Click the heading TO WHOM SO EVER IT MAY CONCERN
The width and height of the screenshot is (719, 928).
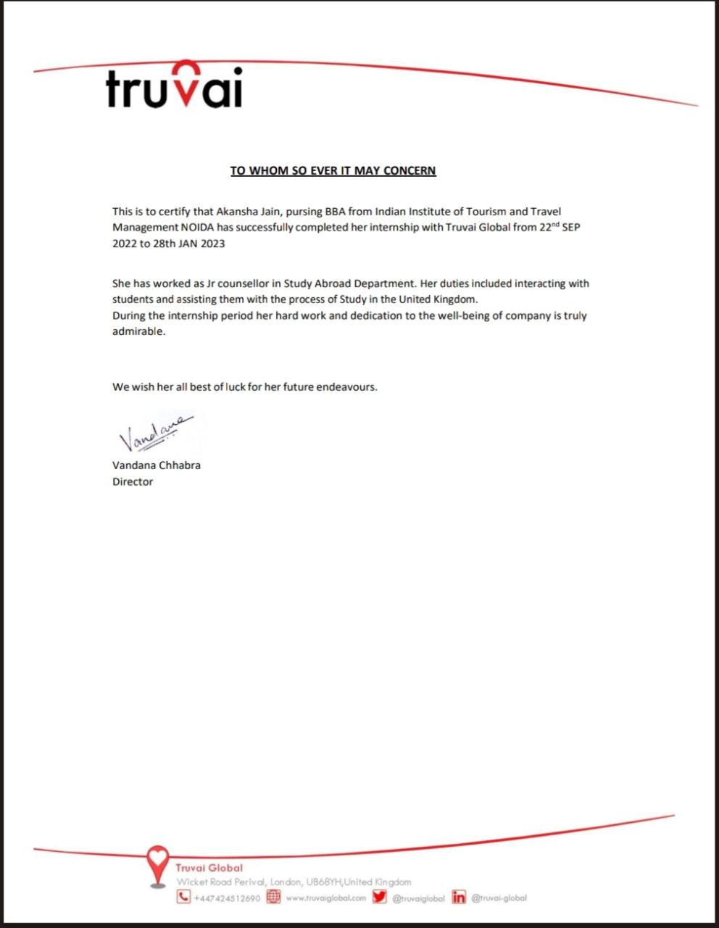333,171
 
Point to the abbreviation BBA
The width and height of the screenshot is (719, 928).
334,212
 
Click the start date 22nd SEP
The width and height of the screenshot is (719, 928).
560,227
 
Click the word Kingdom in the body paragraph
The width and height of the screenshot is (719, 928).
455,299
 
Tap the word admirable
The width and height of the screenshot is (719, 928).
138,331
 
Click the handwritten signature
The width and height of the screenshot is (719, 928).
155,432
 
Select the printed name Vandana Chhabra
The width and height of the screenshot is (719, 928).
156,465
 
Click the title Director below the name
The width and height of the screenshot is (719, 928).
133,481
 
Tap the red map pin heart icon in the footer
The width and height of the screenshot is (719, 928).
157,863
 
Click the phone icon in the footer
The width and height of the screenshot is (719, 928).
183,898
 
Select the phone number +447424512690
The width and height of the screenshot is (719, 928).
227,898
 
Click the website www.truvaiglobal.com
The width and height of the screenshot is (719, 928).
325,898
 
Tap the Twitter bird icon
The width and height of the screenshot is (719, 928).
380,898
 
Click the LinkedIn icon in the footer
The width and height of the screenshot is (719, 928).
459,898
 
